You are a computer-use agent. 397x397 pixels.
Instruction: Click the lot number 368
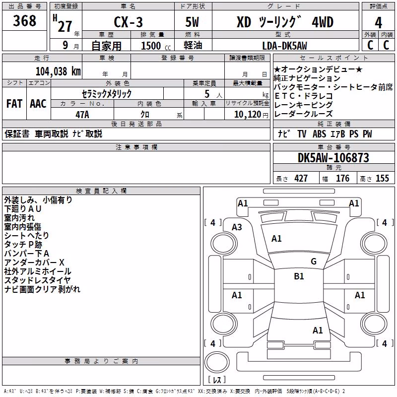pos(24,20)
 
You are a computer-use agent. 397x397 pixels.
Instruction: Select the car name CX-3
pos(129,22)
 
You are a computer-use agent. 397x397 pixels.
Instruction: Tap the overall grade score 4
pos(378,23)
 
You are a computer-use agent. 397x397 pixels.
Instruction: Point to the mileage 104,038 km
pos(58,71)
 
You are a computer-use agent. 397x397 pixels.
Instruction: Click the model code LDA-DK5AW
pos(284,46)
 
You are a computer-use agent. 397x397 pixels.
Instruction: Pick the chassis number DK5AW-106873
pos(333,158)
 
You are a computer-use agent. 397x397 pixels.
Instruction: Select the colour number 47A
pos(82,115)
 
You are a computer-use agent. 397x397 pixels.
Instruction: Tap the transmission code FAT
pos(14,104)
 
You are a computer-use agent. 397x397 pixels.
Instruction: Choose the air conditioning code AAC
pos(38,104)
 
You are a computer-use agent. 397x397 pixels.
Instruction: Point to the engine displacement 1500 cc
pos(156,46)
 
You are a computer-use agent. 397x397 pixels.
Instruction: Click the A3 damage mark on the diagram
pos(237,227)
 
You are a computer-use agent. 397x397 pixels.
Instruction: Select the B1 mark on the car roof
pos(299,276)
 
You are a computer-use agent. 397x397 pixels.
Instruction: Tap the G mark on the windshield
pos(314,261)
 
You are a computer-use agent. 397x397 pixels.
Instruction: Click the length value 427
pos(301,179)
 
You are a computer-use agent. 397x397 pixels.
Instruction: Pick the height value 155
pos(382,179)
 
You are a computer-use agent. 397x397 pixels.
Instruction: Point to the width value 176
pos(342,179)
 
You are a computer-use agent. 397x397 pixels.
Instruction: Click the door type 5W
pos(192,22)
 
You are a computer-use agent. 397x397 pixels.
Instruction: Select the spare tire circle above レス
pos(217,362)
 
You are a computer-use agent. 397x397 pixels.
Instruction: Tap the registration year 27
pos(65,26)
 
